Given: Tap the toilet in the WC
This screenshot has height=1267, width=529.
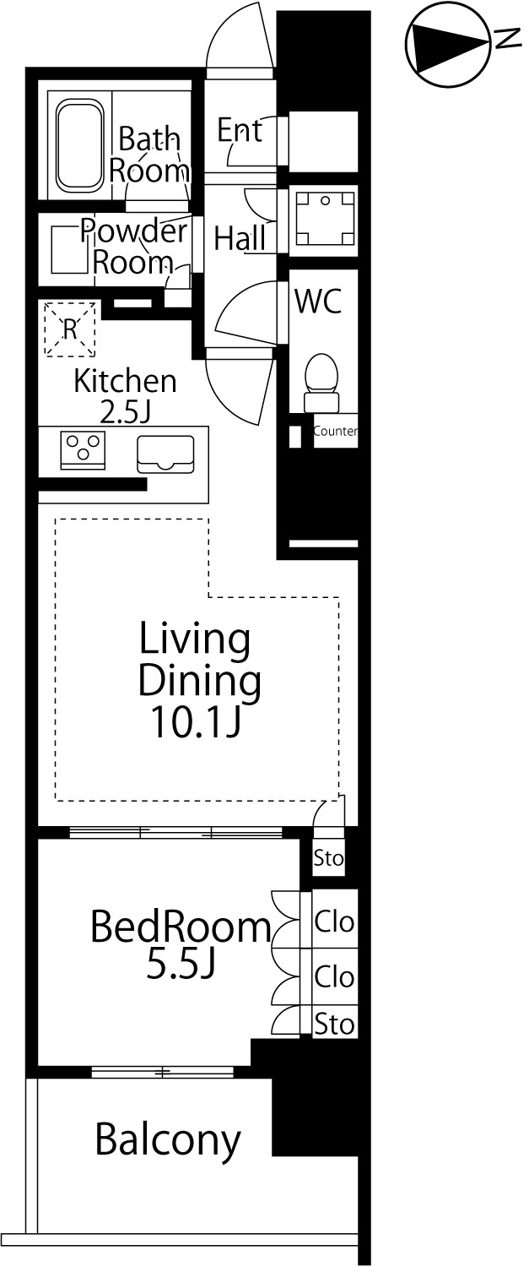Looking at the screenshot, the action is coord(321,383).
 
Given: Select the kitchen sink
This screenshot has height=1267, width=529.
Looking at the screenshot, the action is coord(165,454).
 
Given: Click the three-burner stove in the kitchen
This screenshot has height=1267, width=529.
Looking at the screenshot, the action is coord(84,450).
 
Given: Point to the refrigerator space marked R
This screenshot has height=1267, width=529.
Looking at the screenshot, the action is coord(70,329).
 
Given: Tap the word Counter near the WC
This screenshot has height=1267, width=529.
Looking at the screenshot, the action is coord(336,431).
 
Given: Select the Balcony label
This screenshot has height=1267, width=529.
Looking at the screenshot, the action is coord(168,1140).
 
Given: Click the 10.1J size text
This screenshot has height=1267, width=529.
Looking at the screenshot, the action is coord(197,721).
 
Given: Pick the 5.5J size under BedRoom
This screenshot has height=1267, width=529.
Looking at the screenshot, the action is coord(181,965).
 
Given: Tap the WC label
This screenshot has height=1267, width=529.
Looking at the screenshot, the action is coord(319,301).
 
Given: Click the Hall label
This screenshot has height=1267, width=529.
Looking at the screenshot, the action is coord(240,238).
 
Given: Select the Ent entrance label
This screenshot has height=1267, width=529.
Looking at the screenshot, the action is coord(240,130).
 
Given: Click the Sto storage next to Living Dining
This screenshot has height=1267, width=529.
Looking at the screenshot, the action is coord(328,858).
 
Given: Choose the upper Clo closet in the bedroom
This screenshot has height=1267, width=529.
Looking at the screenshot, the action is coord(335,922).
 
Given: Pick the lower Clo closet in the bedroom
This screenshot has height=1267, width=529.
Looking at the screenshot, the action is coord(335,976).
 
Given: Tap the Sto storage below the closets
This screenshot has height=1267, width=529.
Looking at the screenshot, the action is coord(335,1024).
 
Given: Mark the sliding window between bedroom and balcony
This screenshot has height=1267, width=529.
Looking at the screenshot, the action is coord(163,1071).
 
